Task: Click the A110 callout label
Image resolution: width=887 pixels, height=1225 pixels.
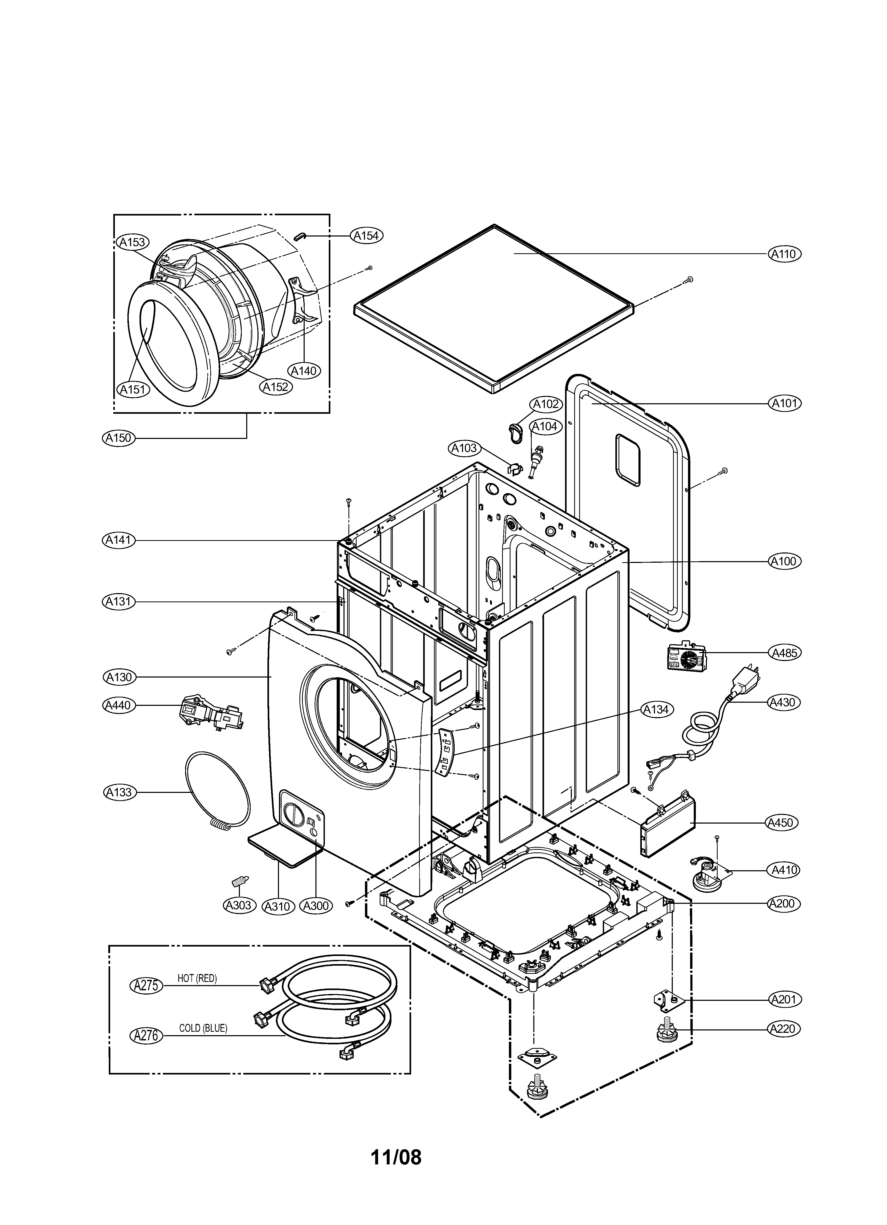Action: coord(784,254)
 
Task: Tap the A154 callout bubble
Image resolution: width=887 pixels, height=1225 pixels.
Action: coord(366,235)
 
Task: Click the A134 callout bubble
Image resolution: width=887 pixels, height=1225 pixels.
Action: coord(656,710)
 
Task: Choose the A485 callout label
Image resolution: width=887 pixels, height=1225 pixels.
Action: coord(784,652)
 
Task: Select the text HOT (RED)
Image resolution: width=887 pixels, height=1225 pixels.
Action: coord(197,978)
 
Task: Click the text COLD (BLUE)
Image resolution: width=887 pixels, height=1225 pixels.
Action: coord(203,1028)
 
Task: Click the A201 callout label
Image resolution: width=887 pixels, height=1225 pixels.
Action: coord(784,999)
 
